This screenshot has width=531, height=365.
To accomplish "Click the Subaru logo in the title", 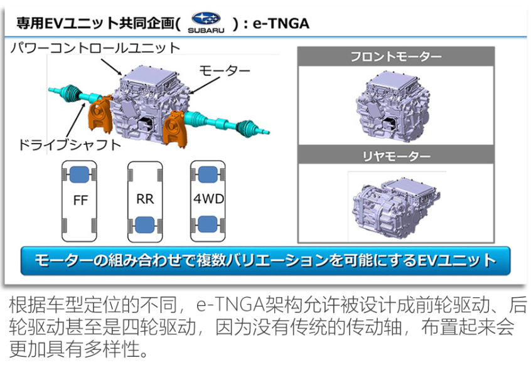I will tap(206, 21).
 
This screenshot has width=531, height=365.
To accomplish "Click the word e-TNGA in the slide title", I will tap(280, 23).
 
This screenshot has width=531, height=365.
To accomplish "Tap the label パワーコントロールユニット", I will tap(95, 48).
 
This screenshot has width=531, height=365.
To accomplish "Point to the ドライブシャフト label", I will tap(69, 144).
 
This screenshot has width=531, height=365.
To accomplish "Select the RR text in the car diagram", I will tap(145, 200).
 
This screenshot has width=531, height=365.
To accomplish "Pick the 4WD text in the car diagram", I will tap(208, 200).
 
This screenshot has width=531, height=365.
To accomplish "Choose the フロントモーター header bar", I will tap(395, 58).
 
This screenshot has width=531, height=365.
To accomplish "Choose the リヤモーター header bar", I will tap(395, 156).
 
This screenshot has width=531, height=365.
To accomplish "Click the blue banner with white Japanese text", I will tap(265, 261).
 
